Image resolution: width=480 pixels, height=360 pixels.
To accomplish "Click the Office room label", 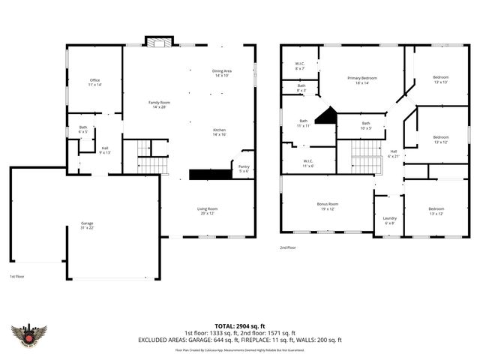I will coord(95,82).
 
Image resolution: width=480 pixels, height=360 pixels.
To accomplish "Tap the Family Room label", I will coord(159,104).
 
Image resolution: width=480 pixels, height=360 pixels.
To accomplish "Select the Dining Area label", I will coord(222,73).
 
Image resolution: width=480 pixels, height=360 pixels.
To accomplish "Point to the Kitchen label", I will coord(219,132).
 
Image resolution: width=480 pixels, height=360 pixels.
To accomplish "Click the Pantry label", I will coord(244,169).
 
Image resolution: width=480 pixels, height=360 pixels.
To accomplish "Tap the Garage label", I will coord(88,226).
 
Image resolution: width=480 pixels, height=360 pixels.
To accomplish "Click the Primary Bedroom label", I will coord(361,80).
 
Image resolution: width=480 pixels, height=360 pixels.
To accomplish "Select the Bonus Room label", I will coord(328,205).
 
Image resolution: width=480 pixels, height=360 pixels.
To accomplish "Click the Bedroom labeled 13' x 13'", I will coord(440,80).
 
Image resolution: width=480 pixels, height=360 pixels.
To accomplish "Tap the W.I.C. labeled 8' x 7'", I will coord(299,66).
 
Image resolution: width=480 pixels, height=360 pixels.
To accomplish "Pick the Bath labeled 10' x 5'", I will coord(366,125).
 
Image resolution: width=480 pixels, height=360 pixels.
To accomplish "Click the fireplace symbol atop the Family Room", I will coord(158,42).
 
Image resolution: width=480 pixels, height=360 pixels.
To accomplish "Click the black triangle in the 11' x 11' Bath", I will coord(325,116).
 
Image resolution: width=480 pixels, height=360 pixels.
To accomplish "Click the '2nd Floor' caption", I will coord(289,247).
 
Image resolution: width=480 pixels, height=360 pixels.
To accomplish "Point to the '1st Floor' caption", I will coord(18,277).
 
